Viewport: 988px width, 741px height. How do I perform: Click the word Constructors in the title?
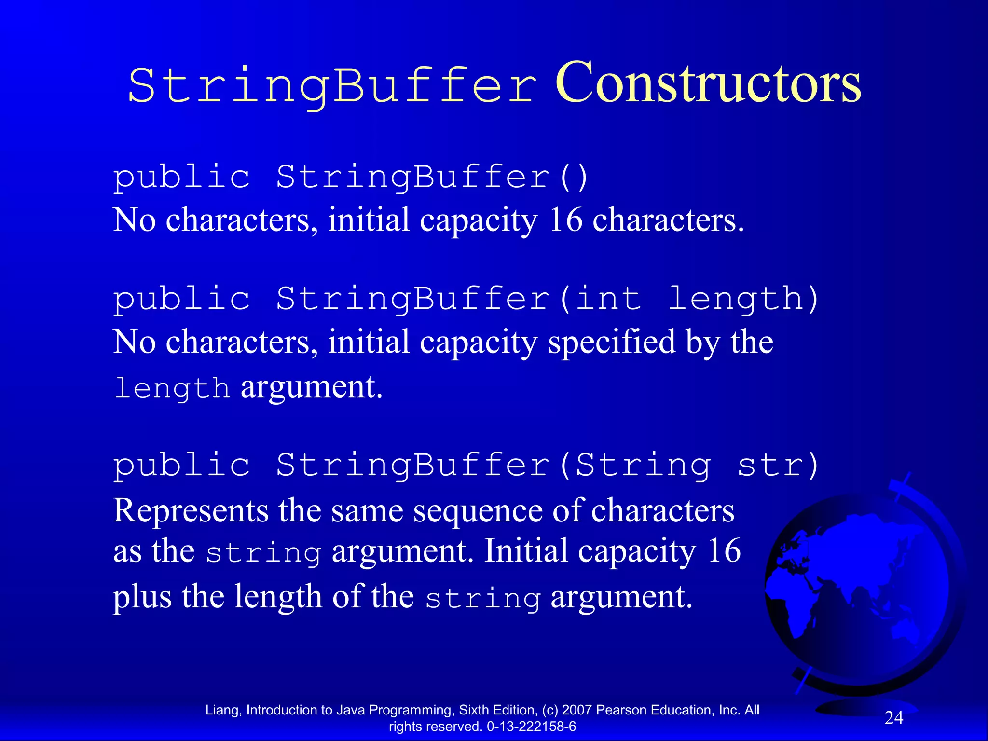click(708, 83)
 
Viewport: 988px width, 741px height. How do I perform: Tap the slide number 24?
click(893, 718)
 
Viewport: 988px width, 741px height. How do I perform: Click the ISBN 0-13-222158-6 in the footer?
click(531, 727)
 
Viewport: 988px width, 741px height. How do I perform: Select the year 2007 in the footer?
click(577, 710)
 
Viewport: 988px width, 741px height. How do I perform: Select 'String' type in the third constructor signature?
click(643, 466)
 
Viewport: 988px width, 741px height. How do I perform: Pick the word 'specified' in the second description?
click(612, 342)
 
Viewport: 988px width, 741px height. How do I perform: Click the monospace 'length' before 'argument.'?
click(172, 388)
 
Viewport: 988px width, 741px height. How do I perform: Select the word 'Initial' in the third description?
click(526, 551)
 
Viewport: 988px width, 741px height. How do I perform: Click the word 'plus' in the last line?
click(142, 597)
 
